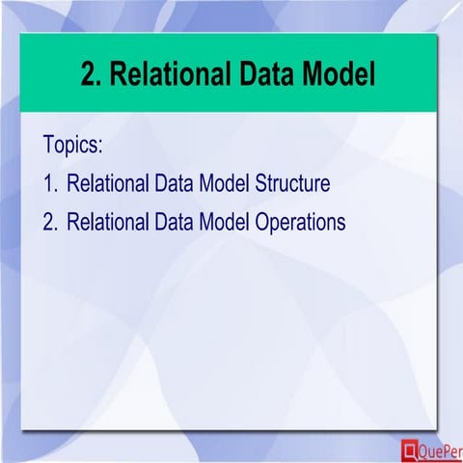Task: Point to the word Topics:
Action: (x=73, y=145)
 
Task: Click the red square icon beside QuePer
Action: (x=409, y=449)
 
